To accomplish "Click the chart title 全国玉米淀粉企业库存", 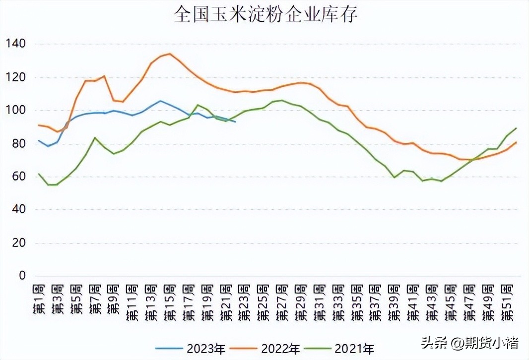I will point(266,15).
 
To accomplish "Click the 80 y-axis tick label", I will point(18,144).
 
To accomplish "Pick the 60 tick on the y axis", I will point(18,177).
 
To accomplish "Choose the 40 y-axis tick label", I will point(18,210).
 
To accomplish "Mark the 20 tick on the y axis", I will point(18,243).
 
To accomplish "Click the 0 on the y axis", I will point(21,276).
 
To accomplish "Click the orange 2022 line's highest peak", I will point(170,54).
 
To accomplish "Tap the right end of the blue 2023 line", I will point(235,121).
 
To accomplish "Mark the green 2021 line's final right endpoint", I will point(516,128).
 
